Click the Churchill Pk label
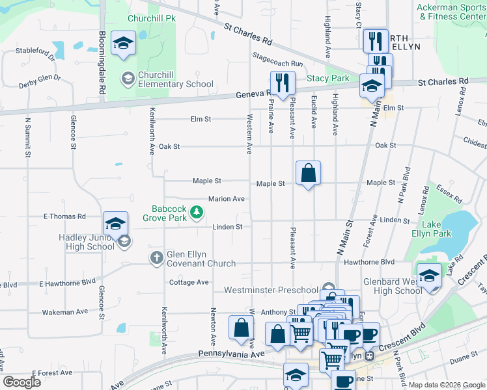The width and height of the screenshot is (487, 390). [152, 19]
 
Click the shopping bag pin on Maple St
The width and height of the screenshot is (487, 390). [309, 174]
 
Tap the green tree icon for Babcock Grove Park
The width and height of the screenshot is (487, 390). [195, 211]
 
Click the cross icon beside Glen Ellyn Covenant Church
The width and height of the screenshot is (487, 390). [156, 258]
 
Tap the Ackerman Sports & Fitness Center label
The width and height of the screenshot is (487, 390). [451, 12]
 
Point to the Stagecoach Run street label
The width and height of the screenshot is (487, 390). [278, 60]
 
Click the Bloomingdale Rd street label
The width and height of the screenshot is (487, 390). [102, 63]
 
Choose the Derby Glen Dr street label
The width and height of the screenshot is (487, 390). [39, 80]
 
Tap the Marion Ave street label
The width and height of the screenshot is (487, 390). [226, 199]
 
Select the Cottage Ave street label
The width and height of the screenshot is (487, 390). [189, 282]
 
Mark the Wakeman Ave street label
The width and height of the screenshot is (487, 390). [64, 312]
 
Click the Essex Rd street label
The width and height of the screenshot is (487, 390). [449, 192]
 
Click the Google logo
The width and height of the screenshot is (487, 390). [22, 382]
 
